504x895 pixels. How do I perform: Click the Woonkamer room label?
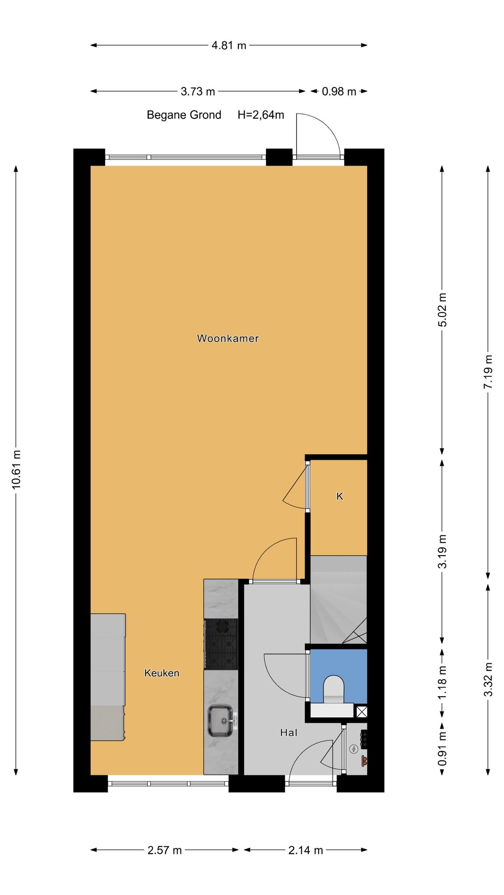point(227,338)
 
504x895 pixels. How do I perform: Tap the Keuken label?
point(162,673)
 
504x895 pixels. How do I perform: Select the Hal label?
point(289,732)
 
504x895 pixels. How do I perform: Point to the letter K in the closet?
point(340,496)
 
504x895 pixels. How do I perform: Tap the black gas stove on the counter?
point(221,644)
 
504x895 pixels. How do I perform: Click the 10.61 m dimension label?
point(16,469)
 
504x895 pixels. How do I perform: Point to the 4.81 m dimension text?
point(229,45)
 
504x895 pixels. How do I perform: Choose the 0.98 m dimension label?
point(339,92)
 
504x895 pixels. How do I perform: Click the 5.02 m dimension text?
point(443,310)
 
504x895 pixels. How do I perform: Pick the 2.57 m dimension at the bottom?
point(164,850)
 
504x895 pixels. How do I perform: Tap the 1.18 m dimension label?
point(443,682)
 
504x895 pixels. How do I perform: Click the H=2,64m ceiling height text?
point(261,115)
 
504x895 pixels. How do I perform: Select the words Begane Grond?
point(184,115)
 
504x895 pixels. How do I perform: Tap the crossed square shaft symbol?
point(361,712)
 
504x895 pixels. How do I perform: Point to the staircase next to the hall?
point(338,600)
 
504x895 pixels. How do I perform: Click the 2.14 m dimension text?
point(306,850)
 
